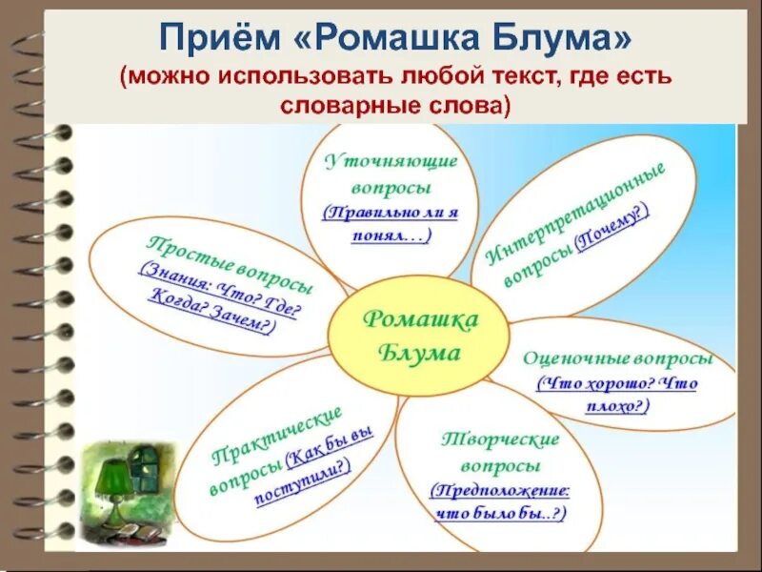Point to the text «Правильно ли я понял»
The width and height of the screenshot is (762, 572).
click(x=391, y=223)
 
